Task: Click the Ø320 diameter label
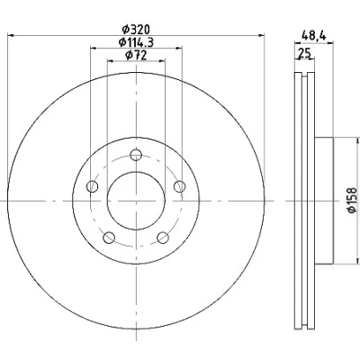click(136, 30)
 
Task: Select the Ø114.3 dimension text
click(136, 42)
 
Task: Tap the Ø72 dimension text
click(136, 55)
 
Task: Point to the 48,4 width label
click(314, 36)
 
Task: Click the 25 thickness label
click(304, 53)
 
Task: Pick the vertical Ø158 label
click(353, 201)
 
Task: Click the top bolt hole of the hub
click(136, 155)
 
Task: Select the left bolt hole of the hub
click(92, 186)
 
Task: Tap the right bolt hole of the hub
click(180, 186)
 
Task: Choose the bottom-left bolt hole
click(109, 238)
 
